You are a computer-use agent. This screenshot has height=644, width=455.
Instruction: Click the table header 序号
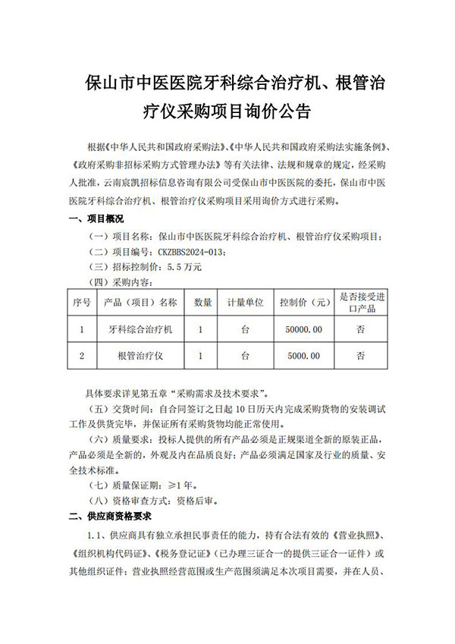pos(82,302)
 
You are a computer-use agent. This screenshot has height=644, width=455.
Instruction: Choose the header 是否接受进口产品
pos(362,302)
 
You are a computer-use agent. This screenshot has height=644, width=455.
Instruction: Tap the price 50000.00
pos(305,330)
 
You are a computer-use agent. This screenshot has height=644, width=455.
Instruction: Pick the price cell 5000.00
pos(305,355)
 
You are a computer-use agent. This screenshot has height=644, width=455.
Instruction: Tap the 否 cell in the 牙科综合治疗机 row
pos(362,330)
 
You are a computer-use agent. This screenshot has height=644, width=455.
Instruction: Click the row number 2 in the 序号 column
pos(82,355)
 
